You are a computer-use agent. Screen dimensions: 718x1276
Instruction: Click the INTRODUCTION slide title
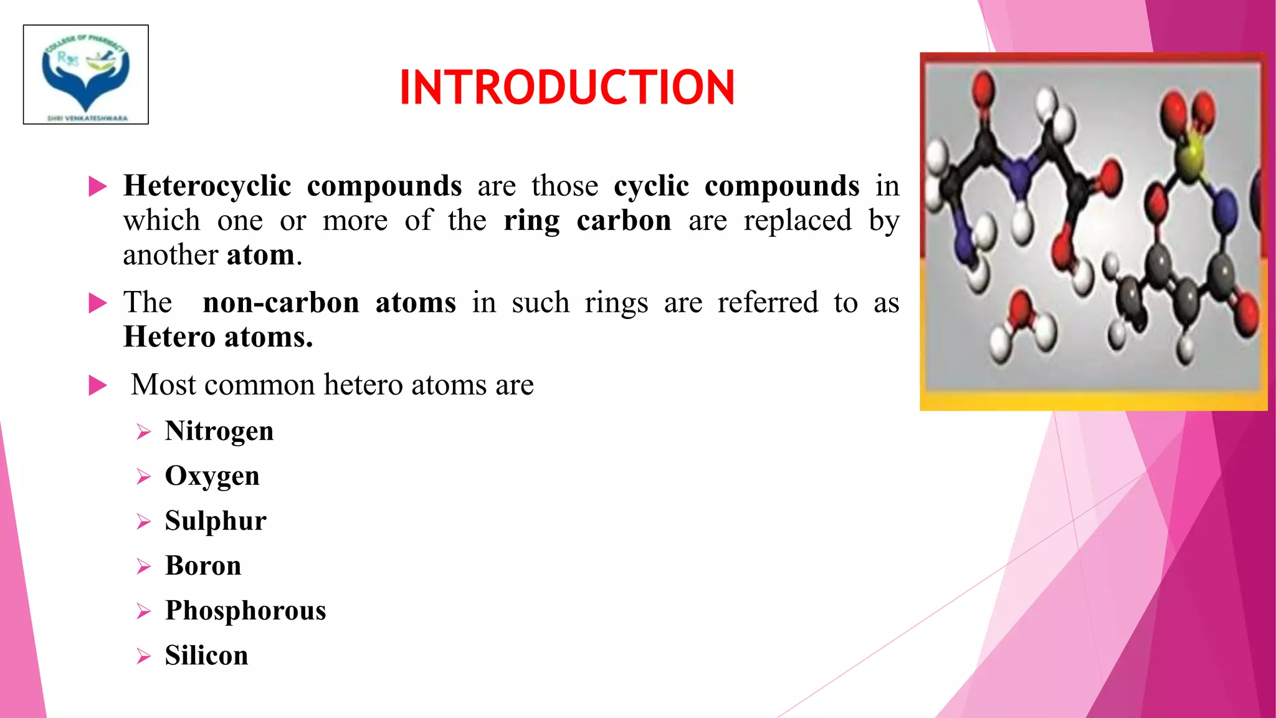[x=567, y=87]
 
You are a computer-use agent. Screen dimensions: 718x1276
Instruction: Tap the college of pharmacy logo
[x=86, y=75]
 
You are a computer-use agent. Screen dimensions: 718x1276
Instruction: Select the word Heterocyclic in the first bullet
[x=207, y=186]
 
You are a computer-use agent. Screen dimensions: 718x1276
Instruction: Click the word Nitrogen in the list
[x=219, y=431]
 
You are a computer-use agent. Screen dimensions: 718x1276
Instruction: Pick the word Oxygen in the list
[x=212, y=476]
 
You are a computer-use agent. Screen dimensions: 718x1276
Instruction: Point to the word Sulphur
[x=216, y=521]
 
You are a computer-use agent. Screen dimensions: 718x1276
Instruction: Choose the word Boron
[x=203, y=565]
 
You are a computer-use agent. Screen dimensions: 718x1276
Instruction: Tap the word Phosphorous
[x=245, y=611]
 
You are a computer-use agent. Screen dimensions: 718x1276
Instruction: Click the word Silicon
[x=206, y=655]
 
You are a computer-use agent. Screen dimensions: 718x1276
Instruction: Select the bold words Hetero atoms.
[x=218, y=337]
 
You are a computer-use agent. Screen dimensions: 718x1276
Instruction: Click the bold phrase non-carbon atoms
[x=329, y=303]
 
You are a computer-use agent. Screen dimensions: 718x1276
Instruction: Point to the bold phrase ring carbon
[x=588, y=221]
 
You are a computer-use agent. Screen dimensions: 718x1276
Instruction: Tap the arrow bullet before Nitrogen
[x=144, y=432]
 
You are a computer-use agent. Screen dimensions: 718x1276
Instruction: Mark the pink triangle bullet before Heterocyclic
[x=98, y=186]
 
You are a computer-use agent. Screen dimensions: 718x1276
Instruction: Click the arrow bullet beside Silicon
[x=144, y=656]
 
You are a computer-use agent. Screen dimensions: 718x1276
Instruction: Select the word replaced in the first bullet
[x=797, y=221]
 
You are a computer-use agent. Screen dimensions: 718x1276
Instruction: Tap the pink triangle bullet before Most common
[x=98, y=385]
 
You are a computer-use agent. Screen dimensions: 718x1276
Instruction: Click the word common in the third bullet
[x=259, y=385]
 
